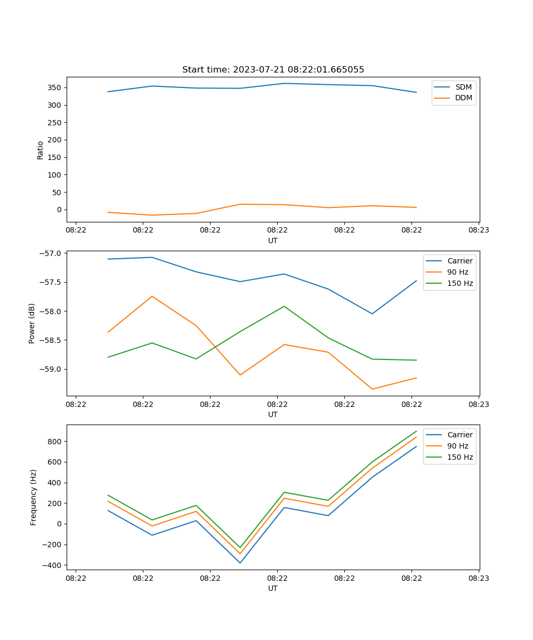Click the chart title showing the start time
pos(273,70)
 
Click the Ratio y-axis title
pos(40,150)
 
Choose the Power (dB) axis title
pos(32,323)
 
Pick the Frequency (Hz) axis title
pos(33,497)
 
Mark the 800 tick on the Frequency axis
pos(55,442)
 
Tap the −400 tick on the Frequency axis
pos(52,565)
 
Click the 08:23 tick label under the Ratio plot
pos(478,230)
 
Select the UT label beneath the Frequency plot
pos(273,588)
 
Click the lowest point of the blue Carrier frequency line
pos(240,563)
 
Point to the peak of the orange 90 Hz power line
pos(152,296)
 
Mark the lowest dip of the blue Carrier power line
pos(372,314)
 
